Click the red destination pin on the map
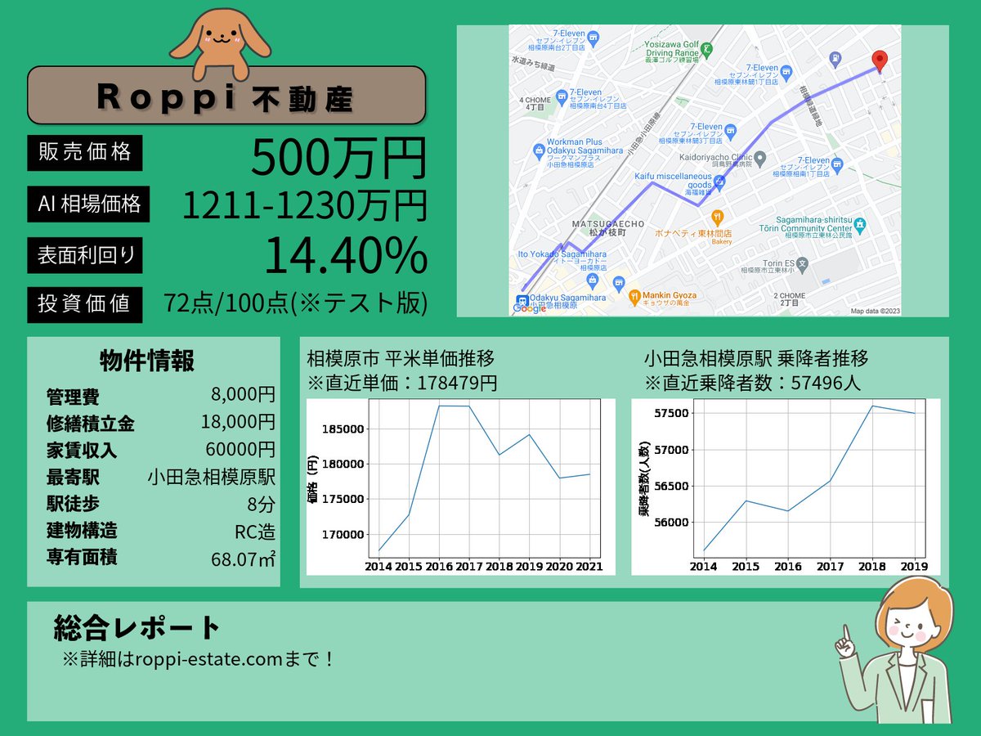(879, 60)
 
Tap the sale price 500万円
(338, 157)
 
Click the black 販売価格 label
(85, 152)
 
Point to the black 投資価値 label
(85, 303)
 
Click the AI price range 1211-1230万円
(304, 205)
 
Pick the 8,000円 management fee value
(243, 396)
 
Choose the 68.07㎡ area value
(243, 559)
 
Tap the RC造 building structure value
(254, 532)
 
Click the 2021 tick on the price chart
(589, 566)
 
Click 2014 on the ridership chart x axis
(703, 566)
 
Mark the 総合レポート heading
(137, 628)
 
